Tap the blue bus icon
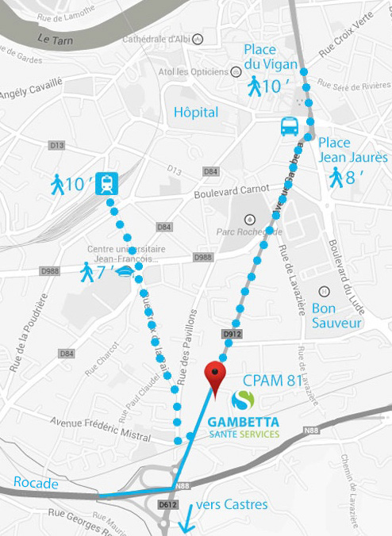(x=289, y=126)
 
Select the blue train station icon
(x=106, y=184)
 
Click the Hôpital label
(x=196, y=112)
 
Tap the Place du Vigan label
(x=271, y=56)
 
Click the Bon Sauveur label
(x=336, y=315)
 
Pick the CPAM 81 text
(x=273, y=381)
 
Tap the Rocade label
(x=36, y=483)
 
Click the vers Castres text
(x=232, y=503)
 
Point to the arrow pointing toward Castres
(x=186, y=520)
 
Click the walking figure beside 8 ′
(x=336, y=177)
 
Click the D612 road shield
(x=167, y=503)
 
